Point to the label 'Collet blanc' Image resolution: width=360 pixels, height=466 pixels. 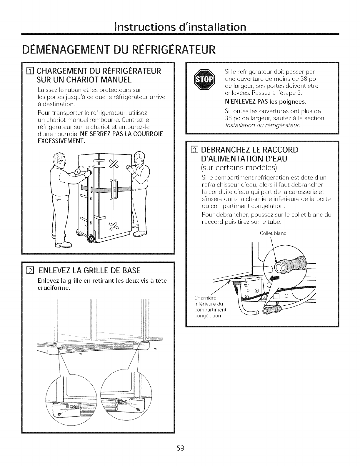(x=273, y=234)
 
